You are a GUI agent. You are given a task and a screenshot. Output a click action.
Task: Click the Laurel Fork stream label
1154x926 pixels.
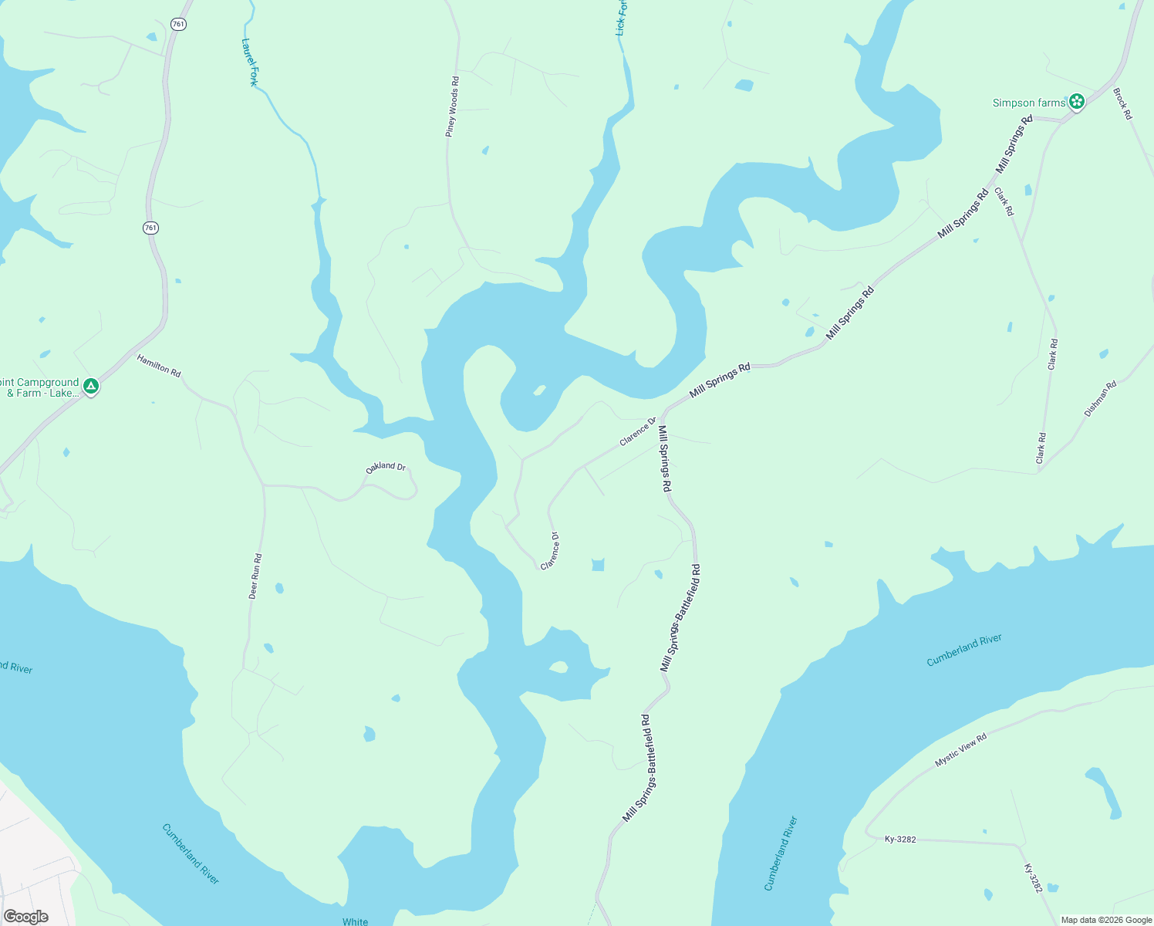pos(249,63)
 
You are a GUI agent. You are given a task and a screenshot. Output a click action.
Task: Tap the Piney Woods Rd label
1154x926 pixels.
pos(452,107)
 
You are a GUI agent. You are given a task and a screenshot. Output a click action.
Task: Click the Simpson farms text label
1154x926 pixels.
pos(1028,103)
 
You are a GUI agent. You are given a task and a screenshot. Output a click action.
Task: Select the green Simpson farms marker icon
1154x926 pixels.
pos(1077,101)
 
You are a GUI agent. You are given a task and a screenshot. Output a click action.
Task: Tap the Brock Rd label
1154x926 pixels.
pos(1122,103)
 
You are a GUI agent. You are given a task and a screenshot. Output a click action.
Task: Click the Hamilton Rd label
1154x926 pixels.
pos(159,365)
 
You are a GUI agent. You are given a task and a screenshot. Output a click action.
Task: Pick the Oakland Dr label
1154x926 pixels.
pos(386,467)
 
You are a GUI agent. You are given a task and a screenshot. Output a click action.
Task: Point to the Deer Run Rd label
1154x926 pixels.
pos(255,576)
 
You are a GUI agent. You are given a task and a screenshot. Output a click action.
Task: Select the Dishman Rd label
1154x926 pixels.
pos(1100,399)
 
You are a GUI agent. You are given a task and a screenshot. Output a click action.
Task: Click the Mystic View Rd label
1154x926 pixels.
pos(960,750)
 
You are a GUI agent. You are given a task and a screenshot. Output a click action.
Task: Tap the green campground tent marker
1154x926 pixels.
pos(91,385)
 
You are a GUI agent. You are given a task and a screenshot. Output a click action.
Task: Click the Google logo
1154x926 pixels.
pos(26,917)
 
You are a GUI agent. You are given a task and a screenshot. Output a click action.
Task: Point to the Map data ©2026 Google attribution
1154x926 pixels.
pos(1106,920)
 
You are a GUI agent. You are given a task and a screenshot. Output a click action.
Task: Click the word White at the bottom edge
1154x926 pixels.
pos(356,921)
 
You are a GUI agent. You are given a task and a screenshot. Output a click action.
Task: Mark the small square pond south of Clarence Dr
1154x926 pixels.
pos(598,565)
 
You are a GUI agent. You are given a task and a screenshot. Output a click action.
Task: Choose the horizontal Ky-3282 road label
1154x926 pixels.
pos(900,839)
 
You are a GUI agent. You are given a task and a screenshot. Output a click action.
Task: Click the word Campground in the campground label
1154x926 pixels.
pos(48,382)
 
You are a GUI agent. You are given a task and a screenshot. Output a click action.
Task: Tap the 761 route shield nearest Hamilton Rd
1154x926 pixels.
pos(150,228)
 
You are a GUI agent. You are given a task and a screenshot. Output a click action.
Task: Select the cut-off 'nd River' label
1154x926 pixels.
pos(17,667)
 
